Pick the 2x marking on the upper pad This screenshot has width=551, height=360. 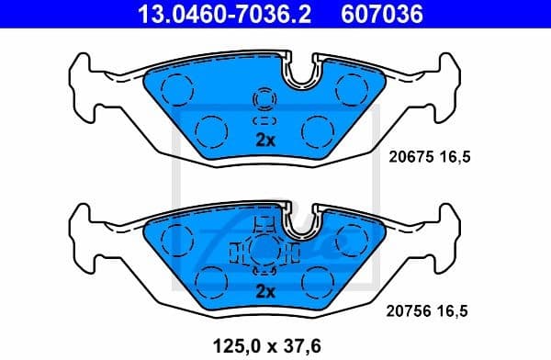click(264, 141)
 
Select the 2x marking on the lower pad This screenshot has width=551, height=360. click(264, 293)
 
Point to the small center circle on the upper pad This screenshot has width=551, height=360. click(264, 99)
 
